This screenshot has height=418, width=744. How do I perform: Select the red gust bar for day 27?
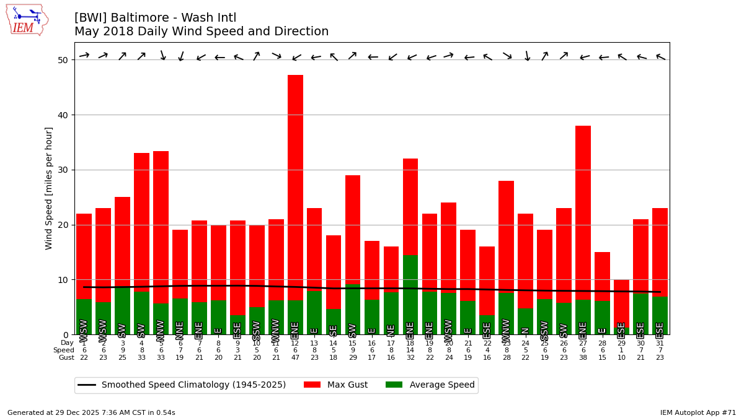coord(583,211)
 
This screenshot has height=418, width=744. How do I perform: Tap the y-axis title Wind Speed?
coord(49,188)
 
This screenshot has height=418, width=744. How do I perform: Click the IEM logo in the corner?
coord(27,19)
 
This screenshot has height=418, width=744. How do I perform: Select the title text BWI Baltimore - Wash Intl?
coord(155,18)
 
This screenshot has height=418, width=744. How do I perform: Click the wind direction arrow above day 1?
coord(84,55)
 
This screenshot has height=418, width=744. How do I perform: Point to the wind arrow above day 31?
coord(660,57)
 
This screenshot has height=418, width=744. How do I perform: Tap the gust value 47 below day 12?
coord(295,358)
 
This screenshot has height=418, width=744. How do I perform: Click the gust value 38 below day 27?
coord(583,358)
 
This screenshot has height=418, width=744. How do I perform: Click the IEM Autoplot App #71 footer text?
coord(697,412)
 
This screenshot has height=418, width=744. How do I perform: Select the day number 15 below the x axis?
coord(353,343)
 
